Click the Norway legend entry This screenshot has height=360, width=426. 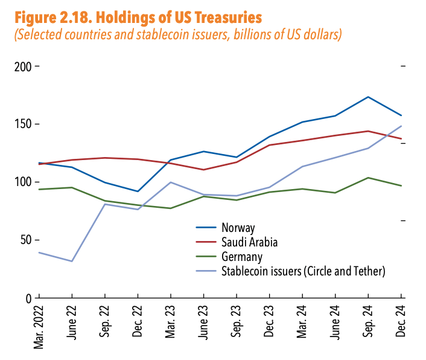coord(239,228)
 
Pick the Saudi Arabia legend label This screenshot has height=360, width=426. coord(250,242)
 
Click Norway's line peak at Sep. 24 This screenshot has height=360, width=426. coord(368,97)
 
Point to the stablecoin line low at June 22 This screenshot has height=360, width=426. coord(72,261)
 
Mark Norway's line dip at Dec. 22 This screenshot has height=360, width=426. coord(138,191)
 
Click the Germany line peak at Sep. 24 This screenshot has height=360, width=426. coord(368,178)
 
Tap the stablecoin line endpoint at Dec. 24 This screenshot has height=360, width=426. coord(401,126)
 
